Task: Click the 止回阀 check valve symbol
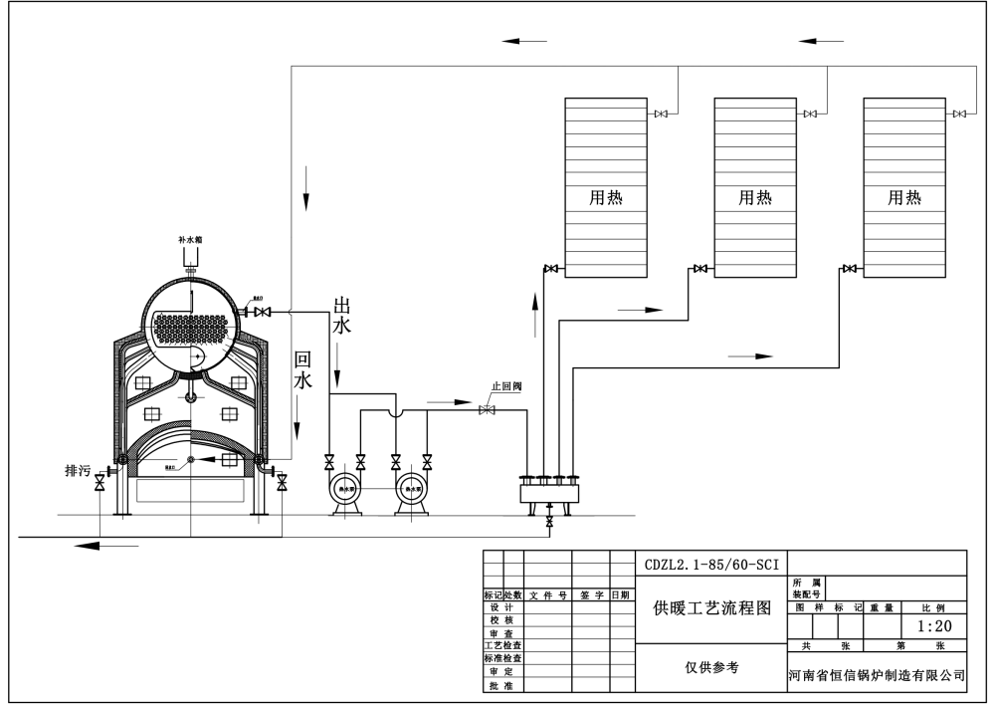(488, 410)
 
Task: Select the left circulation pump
(347, 489)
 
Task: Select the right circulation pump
(409, 489)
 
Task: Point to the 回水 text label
(302, 368)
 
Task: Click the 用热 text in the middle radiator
(755, 198)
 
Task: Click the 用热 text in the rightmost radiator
(904, 198)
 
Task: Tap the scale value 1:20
(933, 626)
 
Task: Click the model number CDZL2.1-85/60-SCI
(710, 563)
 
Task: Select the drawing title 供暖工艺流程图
(710, 608)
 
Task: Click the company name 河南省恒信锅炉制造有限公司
(877, 675)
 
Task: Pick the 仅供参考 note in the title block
(710, 668)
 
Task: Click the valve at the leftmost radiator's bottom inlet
(550, 268)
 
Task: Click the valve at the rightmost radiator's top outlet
(958, 115)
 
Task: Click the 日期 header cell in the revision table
(621, 595)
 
